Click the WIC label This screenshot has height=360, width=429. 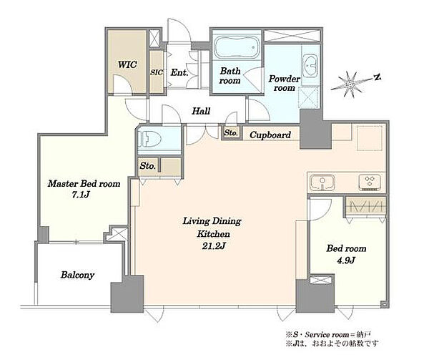coord(127,65)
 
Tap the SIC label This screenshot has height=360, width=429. coord(157,72)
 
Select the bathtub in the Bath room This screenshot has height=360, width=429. coord(237,48)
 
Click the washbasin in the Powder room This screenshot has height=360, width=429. coord(310,66)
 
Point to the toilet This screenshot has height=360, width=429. coord(149,139)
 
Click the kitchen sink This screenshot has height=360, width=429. coord(323,183)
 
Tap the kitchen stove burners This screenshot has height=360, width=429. coord(370,182)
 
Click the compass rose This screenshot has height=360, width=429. coord(350,84)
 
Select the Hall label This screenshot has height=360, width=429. coord(201,111)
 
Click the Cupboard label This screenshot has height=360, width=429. coord(270,135)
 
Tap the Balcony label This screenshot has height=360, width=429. coord(78,275)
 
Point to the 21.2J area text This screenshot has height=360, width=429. coord(214,246)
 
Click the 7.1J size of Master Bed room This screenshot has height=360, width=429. coord(81,195)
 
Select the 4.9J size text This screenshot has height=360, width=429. coord(346,260)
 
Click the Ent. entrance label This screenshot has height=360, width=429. coord(179,72)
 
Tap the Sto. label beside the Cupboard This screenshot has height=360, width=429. coord(231,132)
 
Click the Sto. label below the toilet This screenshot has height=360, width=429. coord(148,165)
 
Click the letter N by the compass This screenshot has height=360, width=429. coord(378,77)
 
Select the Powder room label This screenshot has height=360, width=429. coord(285,83)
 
